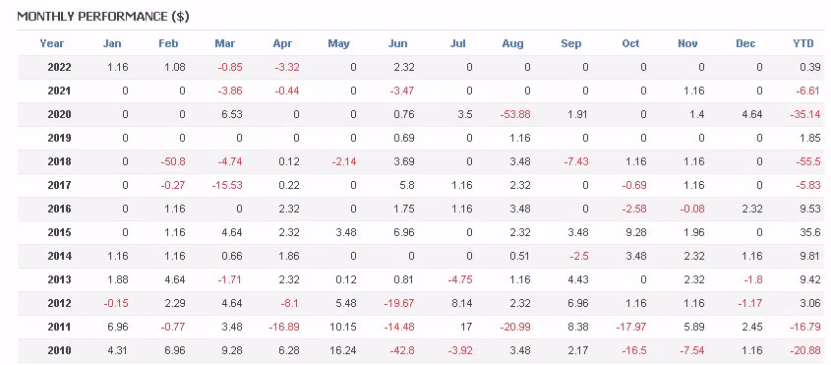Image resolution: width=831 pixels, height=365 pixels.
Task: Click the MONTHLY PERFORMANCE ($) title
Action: point(103,17)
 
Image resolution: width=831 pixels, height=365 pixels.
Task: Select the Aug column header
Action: point(512,43)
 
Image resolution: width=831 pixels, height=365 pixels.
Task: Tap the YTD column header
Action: point(802,43)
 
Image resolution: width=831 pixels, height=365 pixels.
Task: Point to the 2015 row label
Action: point(59,232)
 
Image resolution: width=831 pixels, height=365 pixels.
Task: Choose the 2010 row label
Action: point(59,350)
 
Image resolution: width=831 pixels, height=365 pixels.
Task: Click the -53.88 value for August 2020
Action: point(514,114)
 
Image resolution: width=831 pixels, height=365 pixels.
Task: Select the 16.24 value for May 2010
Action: point(342,350)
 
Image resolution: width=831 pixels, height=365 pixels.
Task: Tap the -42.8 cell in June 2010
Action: point(401,350)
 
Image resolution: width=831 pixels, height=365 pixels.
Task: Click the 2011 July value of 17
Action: point(466,327)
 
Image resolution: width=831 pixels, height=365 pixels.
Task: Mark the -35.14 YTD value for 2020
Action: point(804,114)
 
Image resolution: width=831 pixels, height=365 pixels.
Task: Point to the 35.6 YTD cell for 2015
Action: point(809,232)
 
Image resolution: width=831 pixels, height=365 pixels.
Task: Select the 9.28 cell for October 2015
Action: point(635,232)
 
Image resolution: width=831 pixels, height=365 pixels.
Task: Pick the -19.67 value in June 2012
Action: point(399,303)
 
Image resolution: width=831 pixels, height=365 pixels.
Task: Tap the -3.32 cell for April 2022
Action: point(287,67)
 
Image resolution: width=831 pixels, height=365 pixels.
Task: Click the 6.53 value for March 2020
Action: point(231,114)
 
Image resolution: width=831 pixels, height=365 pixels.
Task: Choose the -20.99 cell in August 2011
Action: point(514,327)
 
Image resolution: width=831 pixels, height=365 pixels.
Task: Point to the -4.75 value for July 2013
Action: point(459,279)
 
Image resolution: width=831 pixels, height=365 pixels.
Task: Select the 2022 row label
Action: point(59,67)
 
